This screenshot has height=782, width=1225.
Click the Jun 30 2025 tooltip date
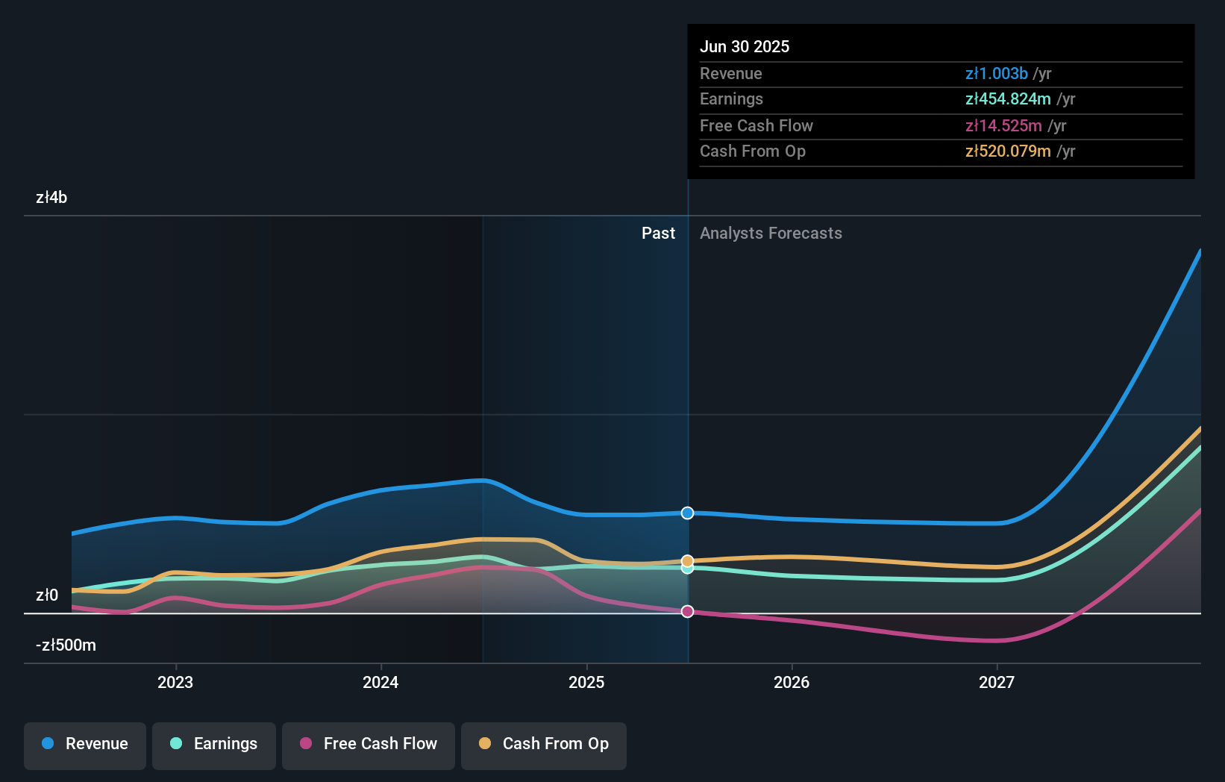click(x=744, y=46)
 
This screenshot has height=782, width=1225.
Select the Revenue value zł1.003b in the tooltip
click(x=996, y=73)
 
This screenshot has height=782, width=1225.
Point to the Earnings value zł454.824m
click(x=1007, y=99)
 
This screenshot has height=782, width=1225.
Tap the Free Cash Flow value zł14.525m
click(x=1003, y=125)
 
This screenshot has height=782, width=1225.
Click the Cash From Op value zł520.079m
click(x=1007, y=151)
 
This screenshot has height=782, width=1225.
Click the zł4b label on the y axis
click(x=51, y=197)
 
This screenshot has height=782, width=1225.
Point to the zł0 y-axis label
click(x=47, y=595)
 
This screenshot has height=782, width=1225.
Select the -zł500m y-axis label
click(x=66, y=645)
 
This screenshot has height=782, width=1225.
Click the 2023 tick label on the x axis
click(x=175, y=682)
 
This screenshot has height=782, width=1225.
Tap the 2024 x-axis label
click(x=380, y=682)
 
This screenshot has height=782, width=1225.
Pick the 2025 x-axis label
click(x=586, y=682)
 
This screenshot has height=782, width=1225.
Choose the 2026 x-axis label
click(x=792, y=682)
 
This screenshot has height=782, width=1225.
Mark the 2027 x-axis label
click(x=997, y=682)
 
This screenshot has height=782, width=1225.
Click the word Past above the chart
click(x=658, y=233)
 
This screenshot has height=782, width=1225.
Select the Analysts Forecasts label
click(x=771, y=233)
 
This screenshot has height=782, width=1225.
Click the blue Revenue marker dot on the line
click(x=687, y=513)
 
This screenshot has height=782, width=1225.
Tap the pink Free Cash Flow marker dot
click(x=687, y=611)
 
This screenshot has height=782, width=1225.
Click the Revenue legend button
click(x=85, y=744)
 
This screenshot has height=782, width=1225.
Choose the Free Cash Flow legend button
click(x=369, y=744)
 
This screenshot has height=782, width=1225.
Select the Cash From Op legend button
click(x=544, y=744)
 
